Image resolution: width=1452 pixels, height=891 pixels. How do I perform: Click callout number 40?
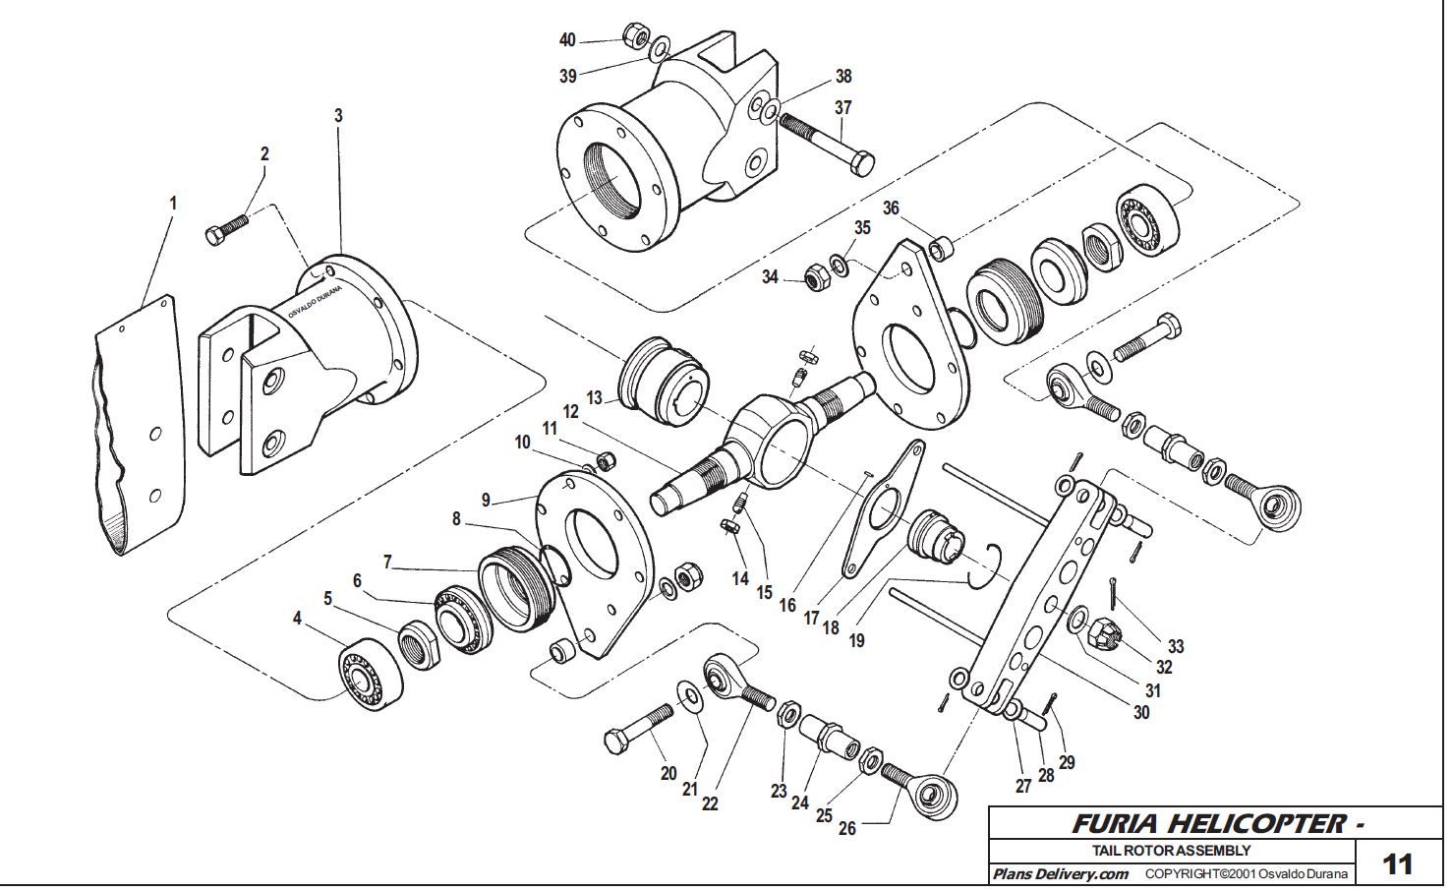(567, 40)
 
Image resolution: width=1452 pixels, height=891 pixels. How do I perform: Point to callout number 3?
(338, 116)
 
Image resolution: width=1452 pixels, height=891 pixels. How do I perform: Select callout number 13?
(595, 397)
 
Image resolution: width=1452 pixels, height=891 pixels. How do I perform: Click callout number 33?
(1175, 646)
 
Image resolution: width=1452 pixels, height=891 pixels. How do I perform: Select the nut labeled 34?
(816, 278)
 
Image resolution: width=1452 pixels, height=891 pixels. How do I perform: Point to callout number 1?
(173, 204)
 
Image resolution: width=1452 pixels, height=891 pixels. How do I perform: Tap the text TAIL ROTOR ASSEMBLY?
(1172, 851)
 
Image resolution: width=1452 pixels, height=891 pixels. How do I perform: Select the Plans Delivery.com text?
(1059, 873)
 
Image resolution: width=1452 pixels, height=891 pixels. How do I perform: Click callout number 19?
(856, 640)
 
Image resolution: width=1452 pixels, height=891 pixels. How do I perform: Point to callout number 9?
(486, 500)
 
